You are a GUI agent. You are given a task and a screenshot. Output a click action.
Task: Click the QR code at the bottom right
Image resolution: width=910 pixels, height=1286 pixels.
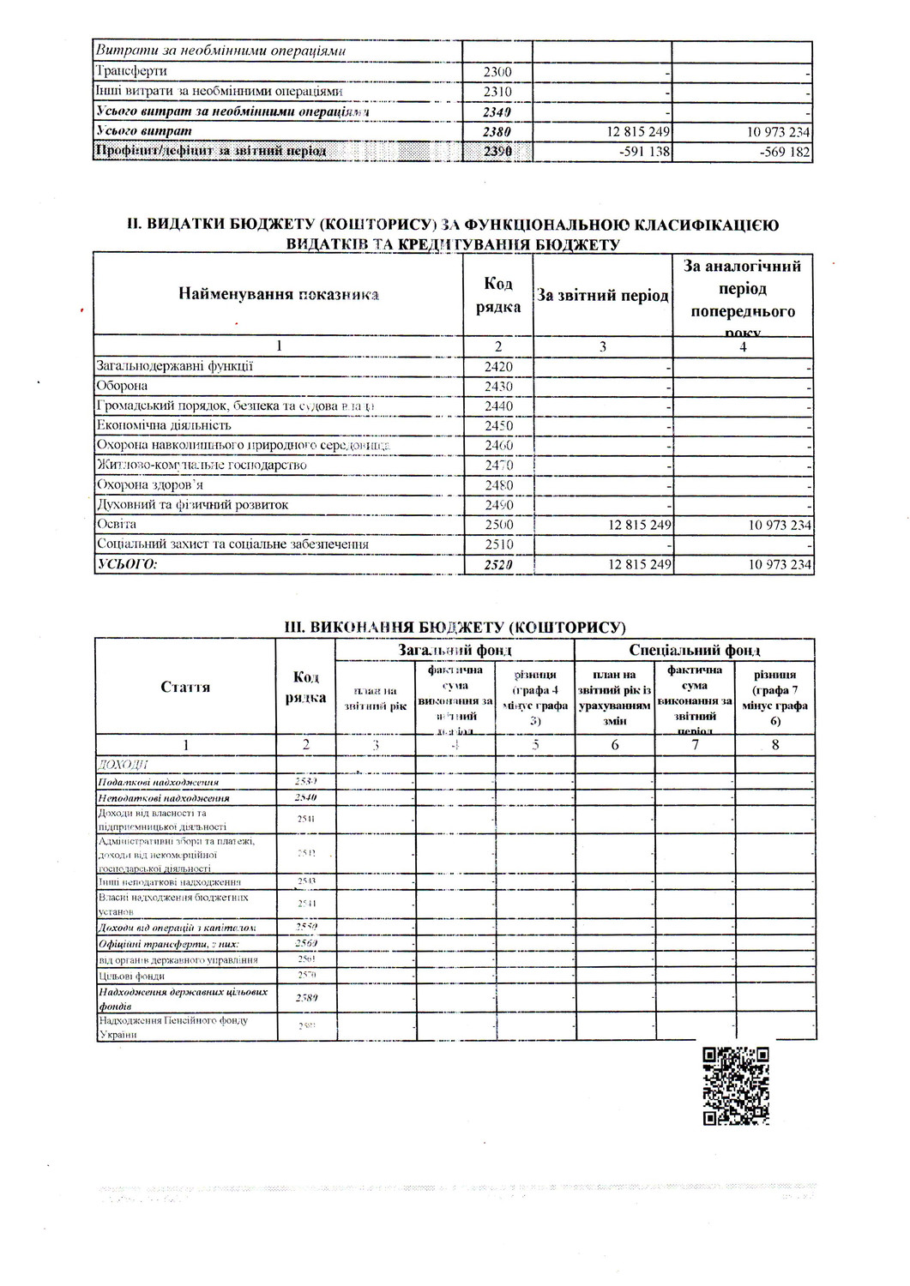736,1085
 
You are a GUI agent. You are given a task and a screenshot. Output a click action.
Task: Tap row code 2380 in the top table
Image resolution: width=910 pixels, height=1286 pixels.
497,132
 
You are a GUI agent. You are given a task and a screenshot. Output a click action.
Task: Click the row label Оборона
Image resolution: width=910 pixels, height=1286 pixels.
122,386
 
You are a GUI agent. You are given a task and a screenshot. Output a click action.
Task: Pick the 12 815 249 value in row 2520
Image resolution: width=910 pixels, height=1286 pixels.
639,564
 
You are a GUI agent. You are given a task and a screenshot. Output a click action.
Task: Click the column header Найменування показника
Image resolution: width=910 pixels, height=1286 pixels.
279,295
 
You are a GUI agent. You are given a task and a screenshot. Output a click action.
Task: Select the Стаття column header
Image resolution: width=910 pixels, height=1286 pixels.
185,687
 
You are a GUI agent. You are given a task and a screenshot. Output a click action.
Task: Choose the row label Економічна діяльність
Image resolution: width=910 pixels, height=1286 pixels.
164,425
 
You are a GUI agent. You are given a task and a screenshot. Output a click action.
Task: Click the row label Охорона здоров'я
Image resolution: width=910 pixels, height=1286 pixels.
149,484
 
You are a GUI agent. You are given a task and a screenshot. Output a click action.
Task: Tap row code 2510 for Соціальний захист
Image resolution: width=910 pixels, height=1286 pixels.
497,544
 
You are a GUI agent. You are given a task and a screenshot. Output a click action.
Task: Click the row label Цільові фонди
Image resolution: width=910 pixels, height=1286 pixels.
132,976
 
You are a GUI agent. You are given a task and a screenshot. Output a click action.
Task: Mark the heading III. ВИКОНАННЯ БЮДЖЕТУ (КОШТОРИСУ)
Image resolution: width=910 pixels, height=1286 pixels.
455,627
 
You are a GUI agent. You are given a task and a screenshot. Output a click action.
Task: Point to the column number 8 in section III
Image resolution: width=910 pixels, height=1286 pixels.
775,745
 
